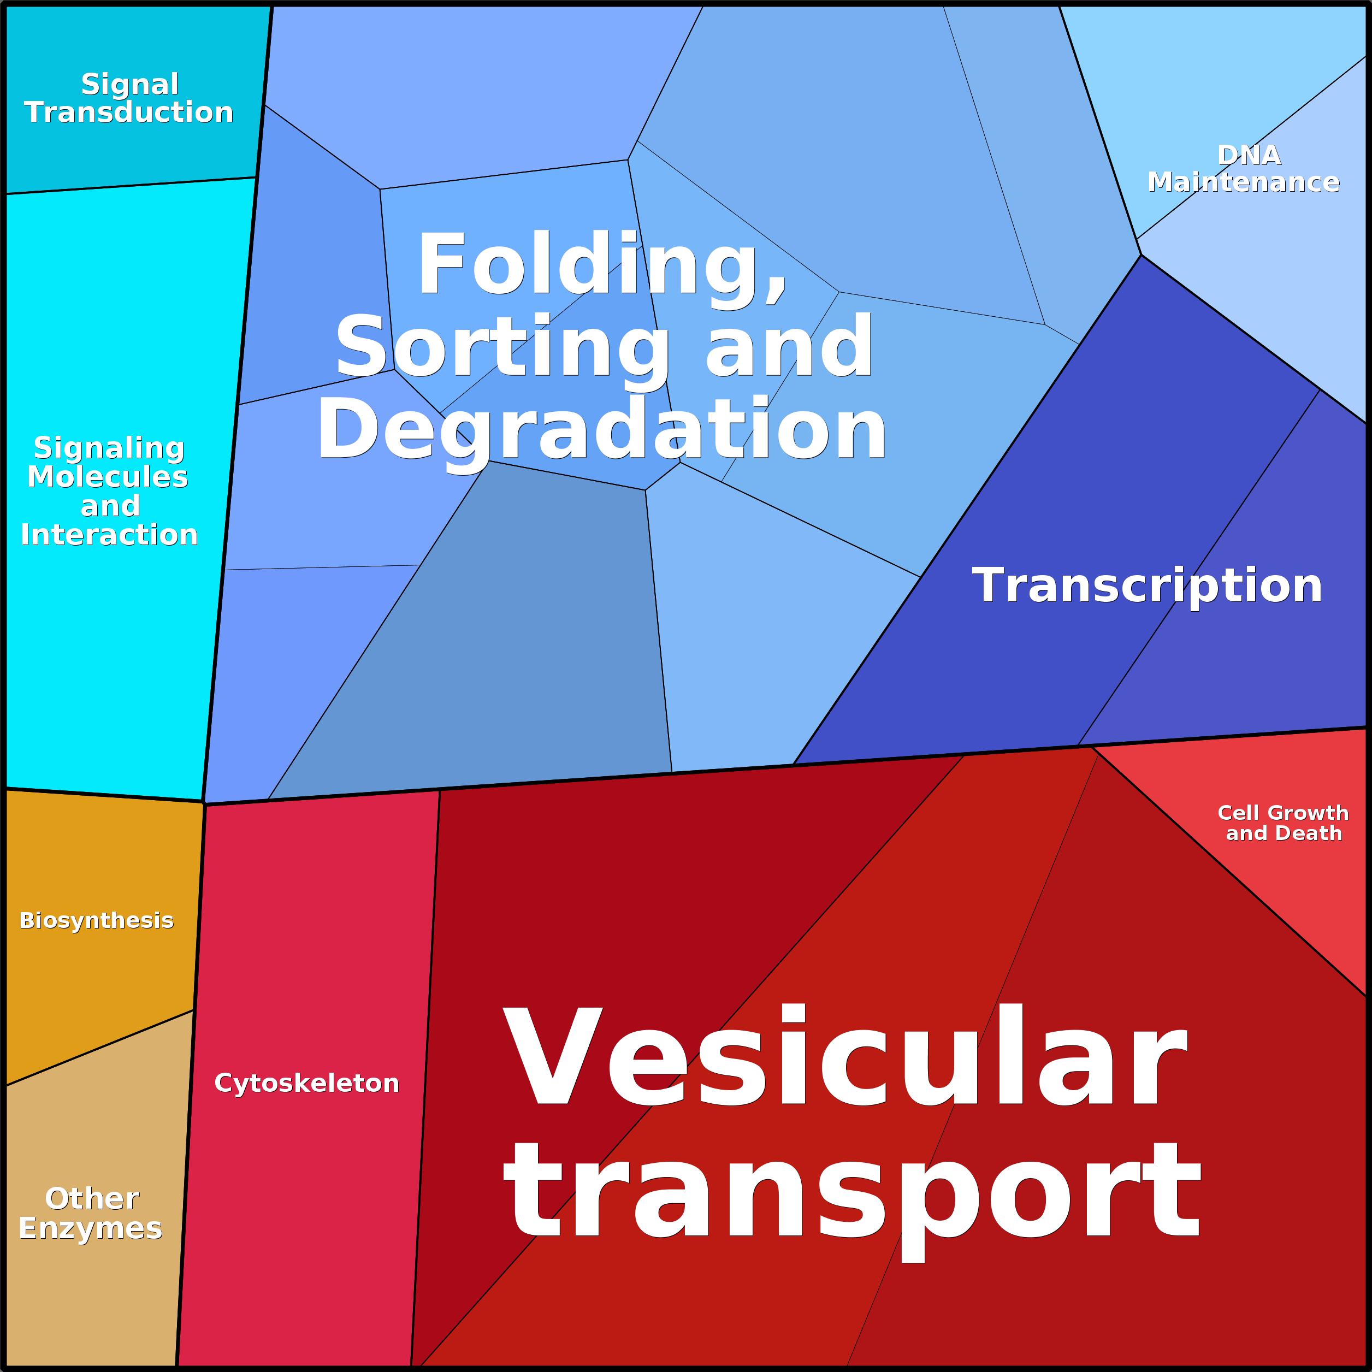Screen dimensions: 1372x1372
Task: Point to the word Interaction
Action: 109,535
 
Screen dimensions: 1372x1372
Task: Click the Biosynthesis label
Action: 97,920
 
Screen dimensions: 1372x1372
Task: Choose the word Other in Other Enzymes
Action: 92,1199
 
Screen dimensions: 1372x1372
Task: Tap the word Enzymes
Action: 90,1228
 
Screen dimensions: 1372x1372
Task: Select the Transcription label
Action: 1147,586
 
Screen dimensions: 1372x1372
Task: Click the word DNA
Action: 1249,155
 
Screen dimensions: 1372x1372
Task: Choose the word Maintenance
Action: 1244,182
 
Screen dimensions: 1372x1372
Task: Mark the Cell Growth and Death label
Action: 1283,823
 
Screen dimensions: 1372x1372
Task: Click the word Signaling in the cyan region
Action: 109,448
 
